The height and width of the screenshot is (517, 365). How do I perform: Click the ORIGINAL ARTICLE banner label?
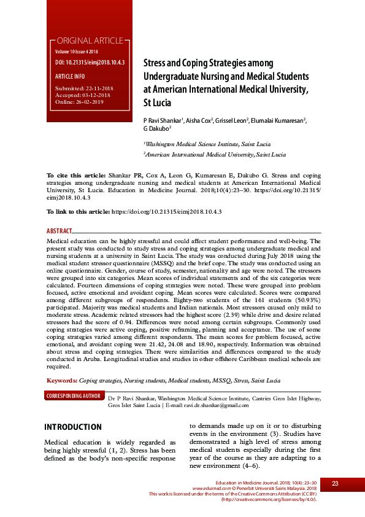tap(89, 41)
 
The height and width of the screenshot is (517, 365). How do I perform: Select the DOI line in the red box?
tap(90, 63)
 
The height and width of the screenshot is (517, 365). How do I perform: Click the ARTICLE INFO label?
tap(70, 76)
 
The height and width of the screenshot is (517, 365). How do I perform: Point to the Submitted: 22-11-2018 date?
tap(82, 89)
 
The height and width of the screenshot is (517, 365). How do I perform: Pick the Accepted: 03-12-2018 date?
tap(82, 95)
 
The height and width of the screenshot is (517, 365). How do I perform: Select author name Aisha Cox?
tap(199, 120)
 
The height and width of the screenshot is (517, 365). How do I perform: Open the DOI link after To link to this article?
tap(166, 211)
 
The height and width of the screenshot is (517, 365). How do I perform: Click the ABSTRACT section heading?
tap(59, 231)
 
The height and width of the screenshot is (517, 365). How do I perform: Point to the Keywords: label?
tap(61, 381)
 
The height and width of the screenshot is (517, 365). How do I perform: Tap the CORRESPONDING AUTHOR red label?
tap(74, 397)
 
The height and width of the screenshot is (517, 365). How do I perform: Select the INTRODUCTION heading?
tap(73, 427)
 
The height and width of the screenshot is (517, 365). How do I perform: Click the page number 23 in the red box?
tap(335, 484)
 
